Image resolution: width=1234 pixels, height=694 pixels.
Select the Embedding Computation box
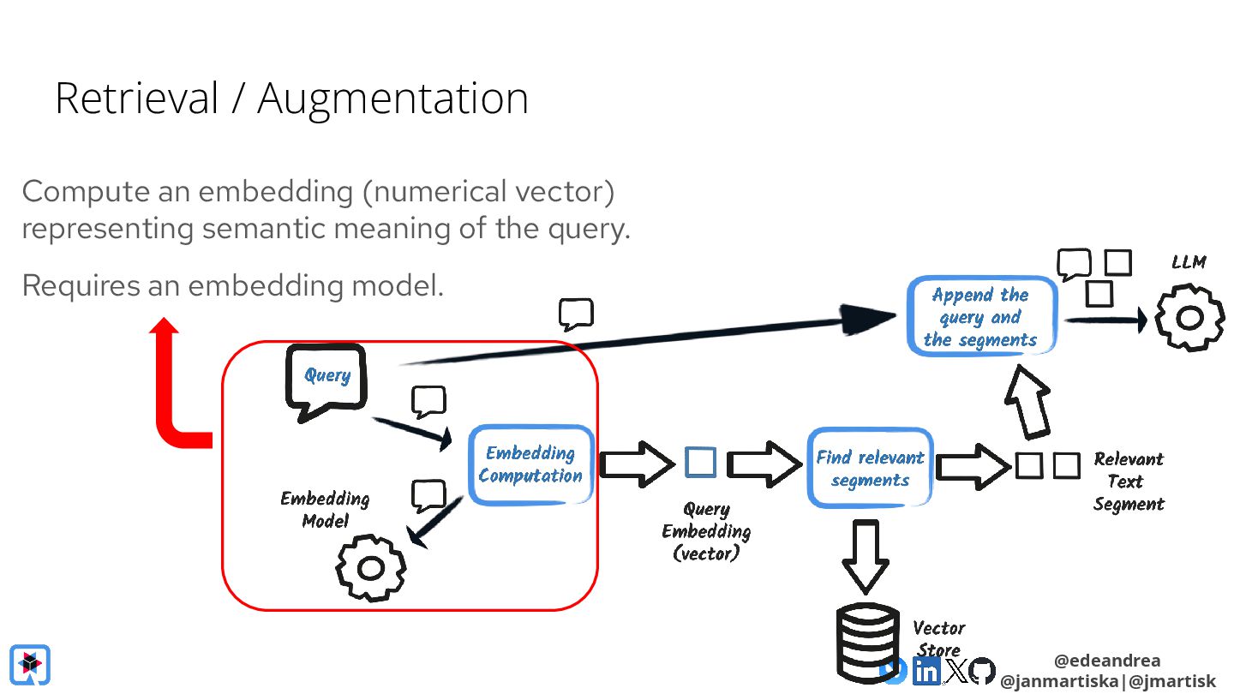point(530,464)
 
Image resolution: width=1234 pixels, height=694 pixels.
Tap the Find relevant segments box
point(870,467)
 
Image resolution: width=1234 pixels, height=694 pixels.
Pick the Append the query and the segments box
point(980,317)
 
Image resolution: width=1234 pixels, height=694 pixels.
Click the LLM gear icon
point(1189,318)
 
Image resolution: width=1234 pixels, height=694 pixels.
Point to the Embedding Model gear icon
point(370,568)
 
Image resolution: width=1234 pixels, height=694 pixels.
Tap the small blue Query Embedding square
point(701,463)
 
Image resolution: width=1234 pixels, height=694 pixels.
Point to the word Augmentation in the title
point(392,99)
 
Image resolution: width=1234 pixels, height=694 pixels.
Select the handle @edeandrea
point(1106,661)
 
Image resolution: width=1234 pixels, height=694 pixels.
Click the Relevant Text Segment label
point(1128,482)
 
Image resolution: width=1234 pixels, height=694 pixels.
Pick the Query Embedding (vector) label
point(706,531)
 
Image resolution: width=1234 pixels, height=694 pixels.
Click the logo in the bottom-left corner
point(30,665)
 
